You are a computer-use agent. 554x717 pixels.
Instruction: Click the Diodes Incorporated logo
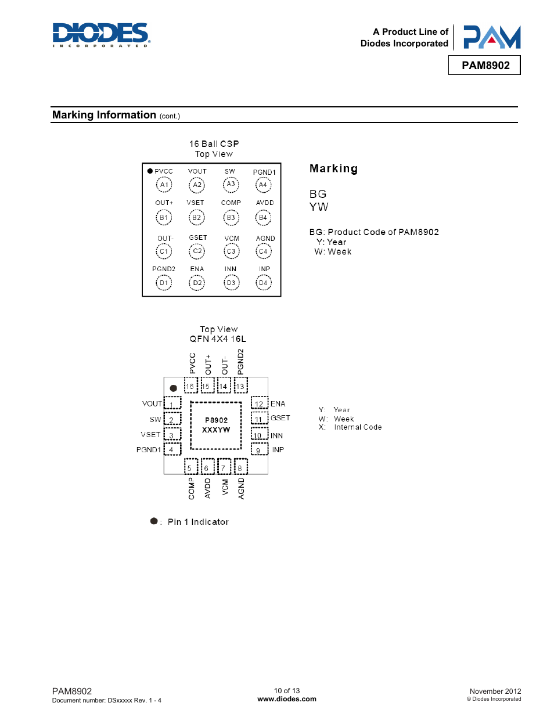[101, 35]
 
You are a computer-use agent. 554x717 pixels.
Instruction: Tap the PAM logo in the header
[492, 37]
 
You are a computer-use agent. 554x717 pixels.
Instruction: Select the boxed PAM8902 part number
[484, 66]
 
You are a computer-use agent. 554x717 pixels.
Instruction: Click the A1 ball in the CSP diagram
[164, 185]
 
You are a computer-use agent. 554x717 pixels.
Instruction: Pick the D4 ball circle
[263, 282]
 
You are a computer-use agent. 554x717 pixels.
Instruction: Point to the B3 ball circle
[231, 218]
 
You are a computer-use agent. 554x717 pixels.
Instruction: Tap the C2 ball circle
[197, 251]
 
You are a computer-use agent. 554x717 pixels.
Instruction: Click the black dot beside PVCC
[150, 171]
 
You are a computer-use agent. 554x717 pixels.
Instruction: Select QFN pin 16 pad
[190, 385]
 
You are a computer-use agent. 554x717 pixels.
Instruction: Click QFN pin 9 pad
[260, 449]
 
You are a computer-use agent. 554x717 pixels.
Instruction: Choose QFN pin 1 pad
[172, 403]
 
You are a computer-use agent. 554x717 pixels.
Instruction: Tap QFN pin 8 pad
[241, 466]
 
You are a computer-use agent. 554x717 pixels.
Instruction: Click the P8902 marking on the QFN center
[216, 420]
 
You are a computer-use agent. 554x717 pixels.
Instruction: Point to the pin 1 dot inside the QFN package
[173, 388]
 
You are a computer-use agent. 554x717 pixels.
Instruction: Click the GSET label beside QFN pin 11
[280, 418]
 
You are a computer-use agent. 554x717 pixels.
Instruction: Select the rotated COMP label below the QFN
[192, 488]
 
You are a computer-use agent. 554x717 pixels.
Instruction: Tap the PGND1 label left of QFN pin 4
[149, 450]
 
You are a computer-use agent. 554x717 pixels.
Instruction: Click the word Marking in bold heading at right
[333, 168]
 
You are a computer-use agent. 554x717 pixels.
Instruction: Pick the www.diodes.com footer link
[287, 699]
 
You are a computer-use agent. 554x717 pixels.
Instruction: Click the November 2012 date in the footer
[495, 691]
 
